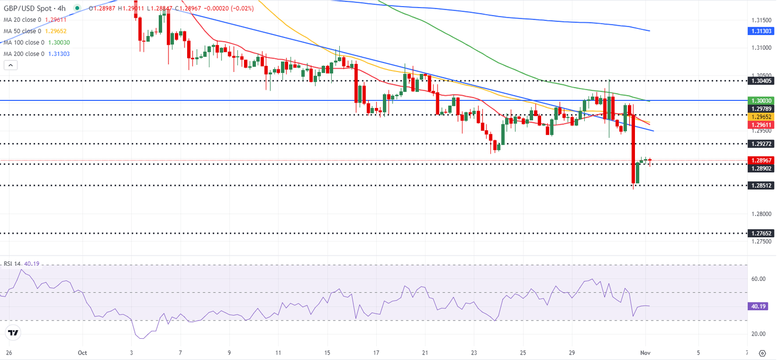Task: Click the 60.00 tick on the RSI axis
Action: pos(758,279)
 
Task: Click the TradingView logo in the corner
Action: pos(13,333)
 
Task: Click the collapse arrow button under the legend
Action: pos(11,65)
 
